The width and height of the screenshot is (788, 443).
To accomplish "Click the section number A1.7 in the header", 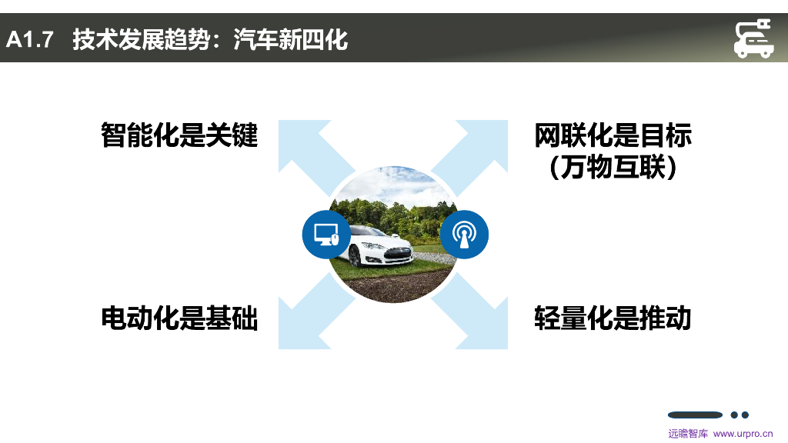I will click(x=30, y=39).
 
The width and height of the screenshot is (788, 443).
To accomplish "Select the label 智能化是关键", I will click(x=179, y=135).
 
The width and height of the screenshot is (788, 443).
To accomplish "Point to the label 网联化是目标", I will click(x=613, y=135).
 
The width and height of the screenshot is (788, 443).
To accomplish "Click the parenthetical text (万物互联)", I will click(x=613, y=167).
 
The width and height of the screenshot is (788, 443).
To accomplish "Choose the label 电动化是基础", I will click(x=179, y=317).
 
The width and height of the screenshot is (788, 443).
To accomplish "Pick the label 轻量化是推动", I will click(x=613, y=317).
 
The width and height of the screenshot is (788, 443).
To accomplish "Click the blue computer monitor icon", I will click(x=326, y=234).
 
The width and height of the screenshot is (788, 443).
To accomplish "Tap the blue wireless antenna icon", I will click(x=464, y=234).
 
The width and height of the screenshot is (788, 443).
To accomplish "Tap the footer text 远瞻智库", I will click(x=687, y=434).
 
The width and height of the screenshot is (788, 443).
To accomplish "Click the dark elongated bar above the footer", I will click(x=695, y=415).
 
